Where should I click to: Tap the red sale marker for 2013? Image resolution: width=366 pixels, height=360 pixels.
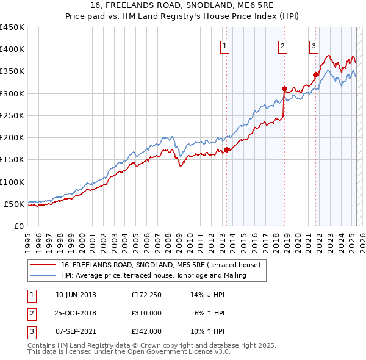point(226,149)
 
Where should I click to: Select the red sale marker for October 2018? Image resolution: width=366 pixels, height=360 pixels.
point(284,88)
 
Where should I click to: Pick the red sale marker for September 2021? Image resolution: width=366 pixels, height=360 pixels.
point(315,74)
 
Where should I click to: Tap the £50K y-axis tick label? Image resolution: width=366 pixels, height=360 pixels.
point(15,204)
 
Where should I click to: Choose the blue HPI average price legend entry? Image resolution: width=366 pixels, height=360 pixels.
point(153,275)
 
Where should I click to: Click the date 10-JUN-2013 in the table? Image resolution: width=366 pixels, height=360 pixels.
point(76,295)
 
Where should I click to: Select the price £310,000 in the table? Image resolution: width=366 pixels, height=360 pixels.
point(146,313)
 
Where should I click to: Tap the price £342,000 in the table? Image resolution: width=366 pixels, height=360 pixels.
point(146,331)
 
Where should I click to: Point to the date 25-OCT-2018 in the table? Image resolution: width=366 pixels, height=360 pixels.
point(76,313)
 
